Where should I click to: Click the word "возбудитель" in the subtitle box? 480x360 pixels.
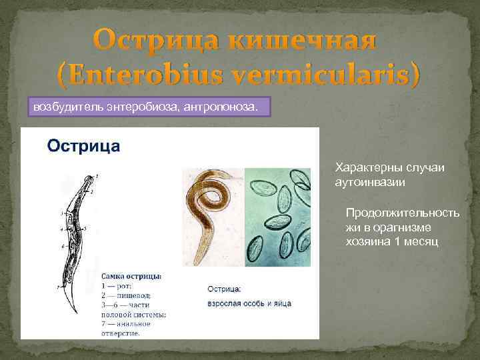pyautogui.click(x=66, y=106)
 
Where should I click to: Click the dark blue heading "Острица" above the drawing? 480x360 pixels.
pyautogui.click(x=83, y=146)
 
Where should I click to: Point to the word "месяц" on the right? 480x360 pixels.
pyautogui.click(x=419, y=241)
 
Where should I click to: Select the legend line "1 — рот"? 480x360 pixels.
pyautogui.click(x=117, y=285)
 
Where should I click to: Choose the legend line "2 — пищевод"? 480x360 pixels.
pyautogui.click(x=126, y=295)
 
